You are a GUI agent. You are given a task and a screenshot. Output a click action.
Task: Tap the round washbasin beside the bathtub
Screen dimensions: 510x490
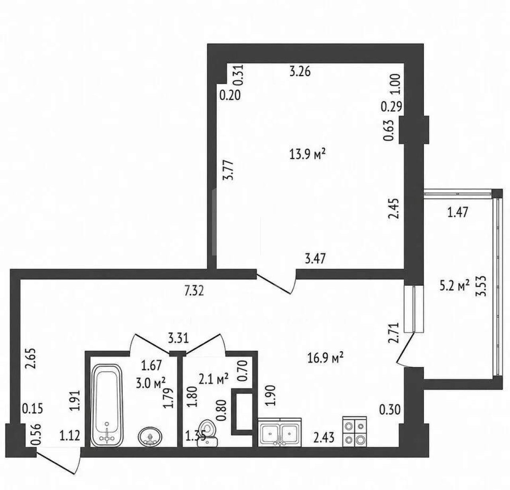coord(150,437)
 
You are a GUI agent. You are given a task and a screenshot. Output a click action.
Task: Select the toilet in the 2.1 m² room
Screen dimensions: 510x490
coord(208,433)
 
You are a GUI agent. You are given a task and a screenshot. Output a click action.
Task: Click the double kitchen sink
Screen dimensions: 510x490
coord(280,432)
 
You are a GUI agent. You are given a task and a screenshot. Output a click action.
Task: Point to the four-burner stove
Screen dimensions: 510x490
coord(355,432)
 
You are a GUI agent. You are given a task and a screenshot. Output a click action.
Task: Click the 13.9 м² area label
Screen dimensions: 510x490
coord(308,154)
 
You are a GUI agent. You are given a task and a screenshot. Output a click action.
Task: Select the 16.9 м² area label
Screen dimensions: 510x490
coord(325,358)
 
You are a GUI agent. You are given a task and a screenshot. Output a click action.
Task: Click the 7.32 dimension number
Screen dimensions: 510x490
coord(194,291)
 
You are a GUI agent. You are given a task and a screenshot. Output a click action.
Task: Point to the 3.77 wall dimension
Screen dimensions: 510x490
coord(228,170)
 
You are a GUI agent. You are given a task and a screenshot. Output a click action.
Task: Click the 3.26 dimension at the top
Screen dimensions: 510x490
coord(300,71)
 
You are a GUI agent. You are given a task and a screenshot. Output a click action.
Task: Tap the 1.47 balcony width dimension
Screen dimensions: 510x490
coord(457,212)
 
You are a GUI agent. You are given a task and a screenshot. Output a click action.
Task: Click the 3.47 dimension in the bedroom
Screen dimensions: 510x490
coord(316,259)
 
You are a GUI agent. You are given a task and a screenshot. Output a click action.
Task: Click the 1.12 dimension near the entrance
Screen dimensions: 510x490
coord(70,436)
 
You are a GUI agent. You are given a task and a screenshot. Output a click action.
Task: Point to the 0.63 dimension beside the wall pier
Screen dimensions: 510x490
coord(388,130)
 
